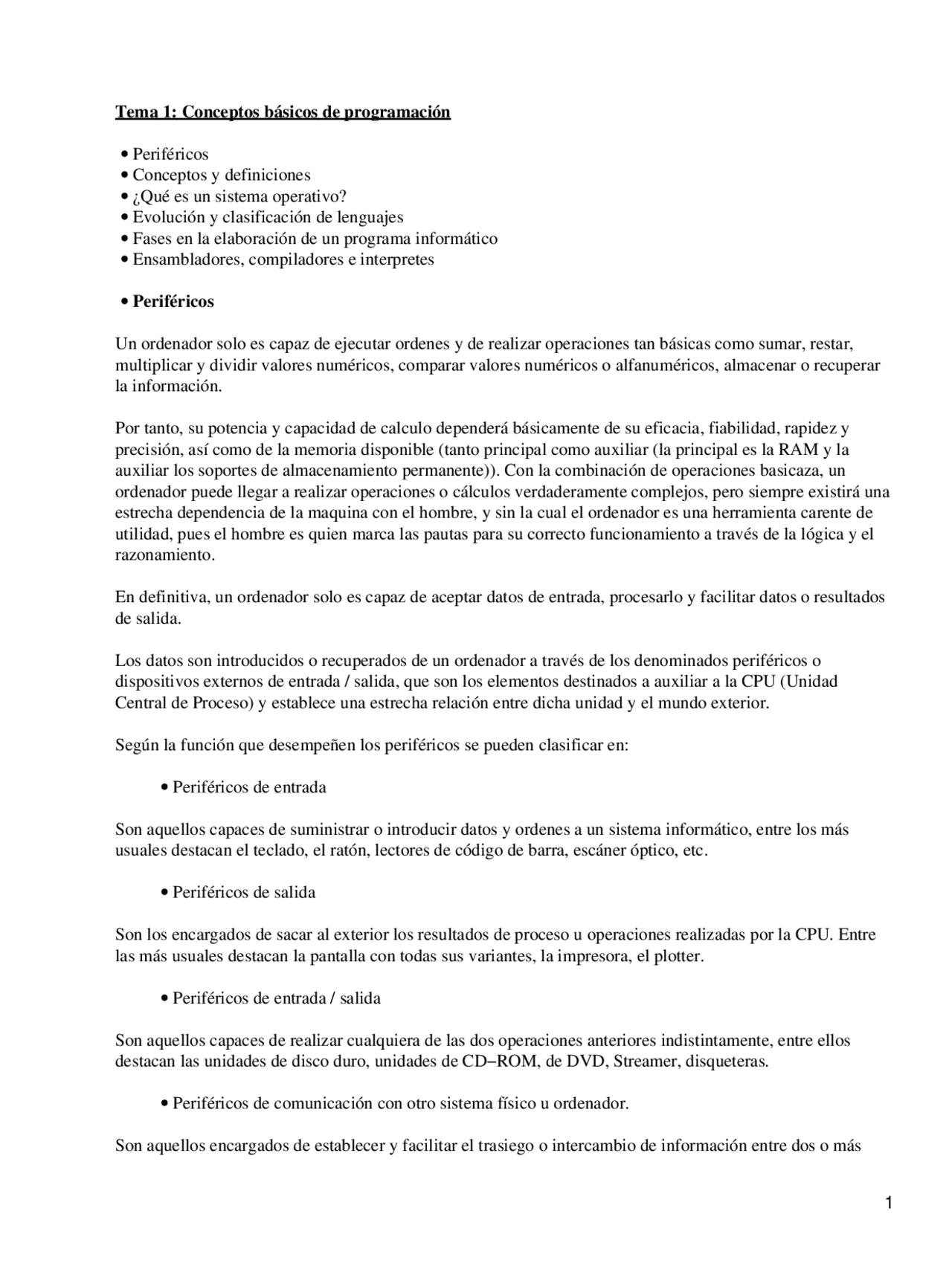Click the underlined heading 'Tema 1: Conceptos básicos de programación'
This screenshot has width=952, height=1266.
pos(283,112)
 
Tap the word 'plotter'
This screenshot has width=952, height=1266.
pos(677,956)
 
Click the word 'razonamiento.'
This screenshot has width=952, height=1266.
pos(165,555)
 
